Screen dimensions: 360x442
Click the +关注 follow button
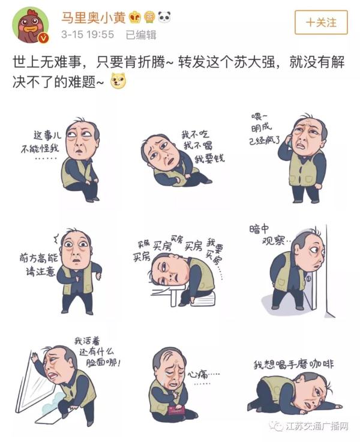(321, 22)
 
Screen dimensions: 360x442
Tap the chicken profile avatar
(30, 25)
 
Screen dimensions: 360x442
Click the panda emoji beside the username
(164, 17)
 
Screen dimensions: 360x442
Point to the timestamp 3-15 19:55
(88, 35)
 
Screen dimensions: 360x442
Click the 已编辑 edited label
(141, 35)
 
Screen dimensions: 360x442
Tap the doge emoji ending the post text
(118, 81)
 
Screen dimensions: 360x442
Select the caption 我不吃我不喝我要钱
(203, 147)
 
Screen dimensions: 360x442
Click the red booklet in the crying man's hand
(176, 410)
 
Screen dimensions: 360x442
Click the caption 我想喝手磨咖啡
(293, 364)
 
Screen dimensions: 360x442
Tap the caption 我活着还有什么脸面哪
(97, 352)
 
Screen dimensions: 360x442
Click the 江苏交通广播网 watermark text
(317, 426)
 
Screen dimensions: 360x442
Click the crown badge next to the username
(135, 17)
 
